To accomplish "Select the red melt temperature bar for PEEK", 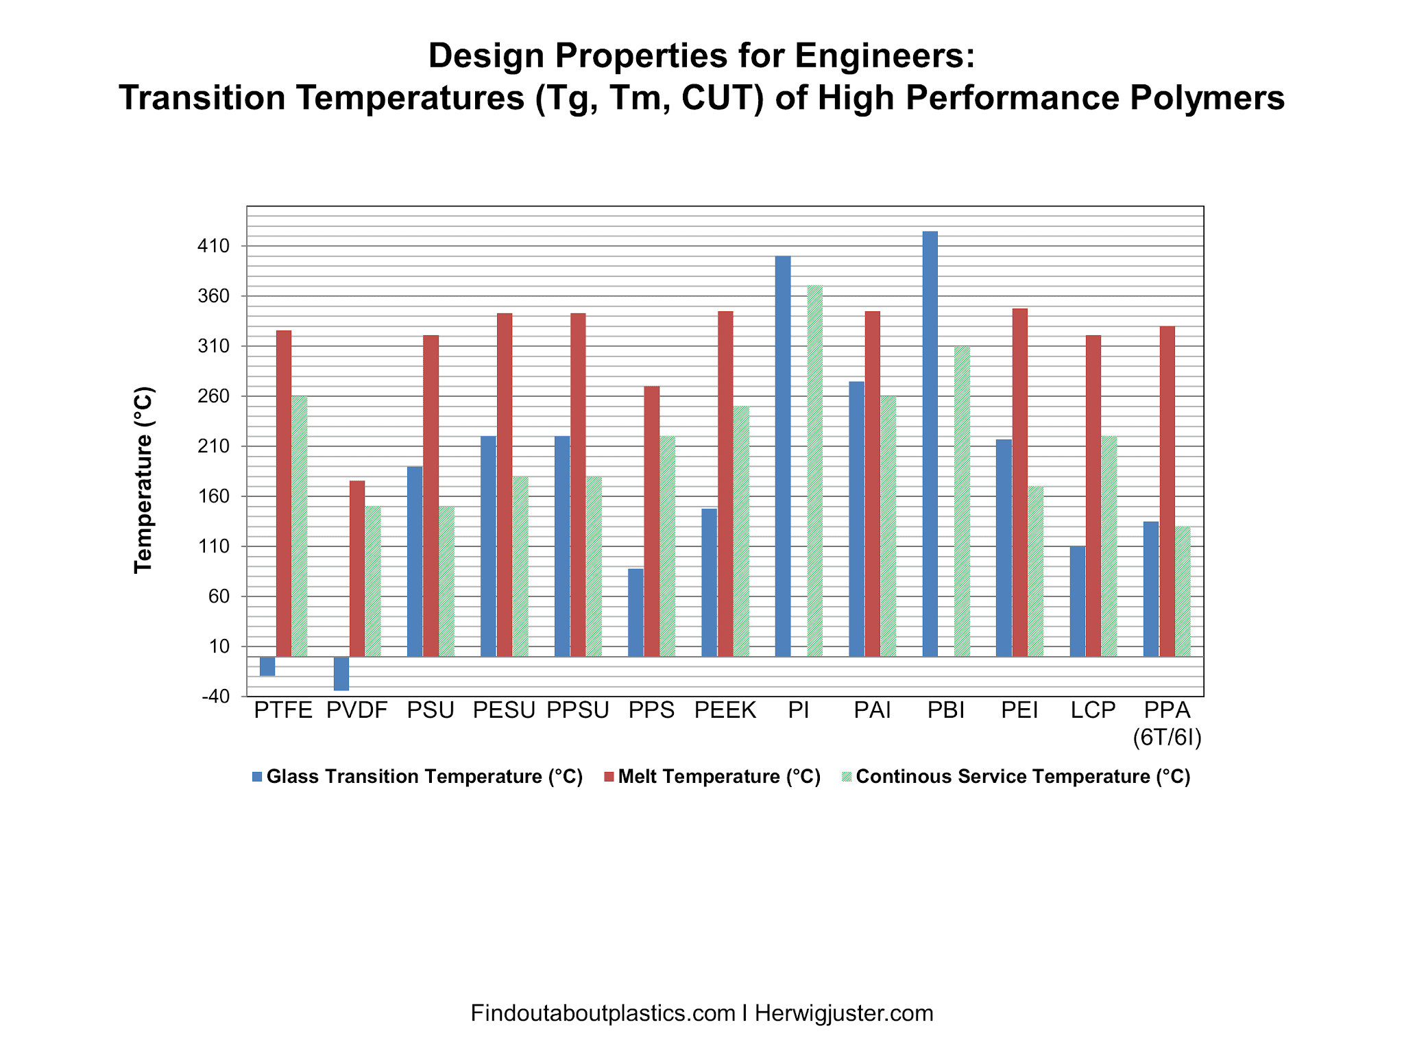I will [x=725, y=484].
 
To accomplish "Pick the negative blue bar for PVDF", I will [x=341, y=673].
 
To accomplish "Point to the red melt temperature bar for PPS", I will [x=652, y=521].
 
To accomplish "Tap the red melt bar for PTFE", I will [x=284, y=494].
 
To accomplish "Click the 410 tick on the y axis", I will [x=213, y=246].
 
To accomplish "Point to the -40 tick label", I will [x=215, y=697].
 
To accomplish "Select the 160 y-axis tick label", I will [x=213, y=496].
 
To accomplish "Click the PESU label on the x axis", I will [x=504, y=710].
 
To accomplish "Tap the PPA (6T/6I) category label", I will [x=1167, y=723].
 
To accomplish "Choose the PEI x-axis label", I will [x=1019, y=710].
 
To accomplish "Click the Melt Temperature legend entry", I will [x=718, y=777].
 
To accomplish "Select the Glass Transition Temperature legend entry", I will [x=424, y=777].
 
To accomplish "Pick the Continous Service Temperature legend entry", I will [x=1022, y=777].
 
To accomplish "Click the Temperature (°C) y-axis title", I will [x=143, y=480].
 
